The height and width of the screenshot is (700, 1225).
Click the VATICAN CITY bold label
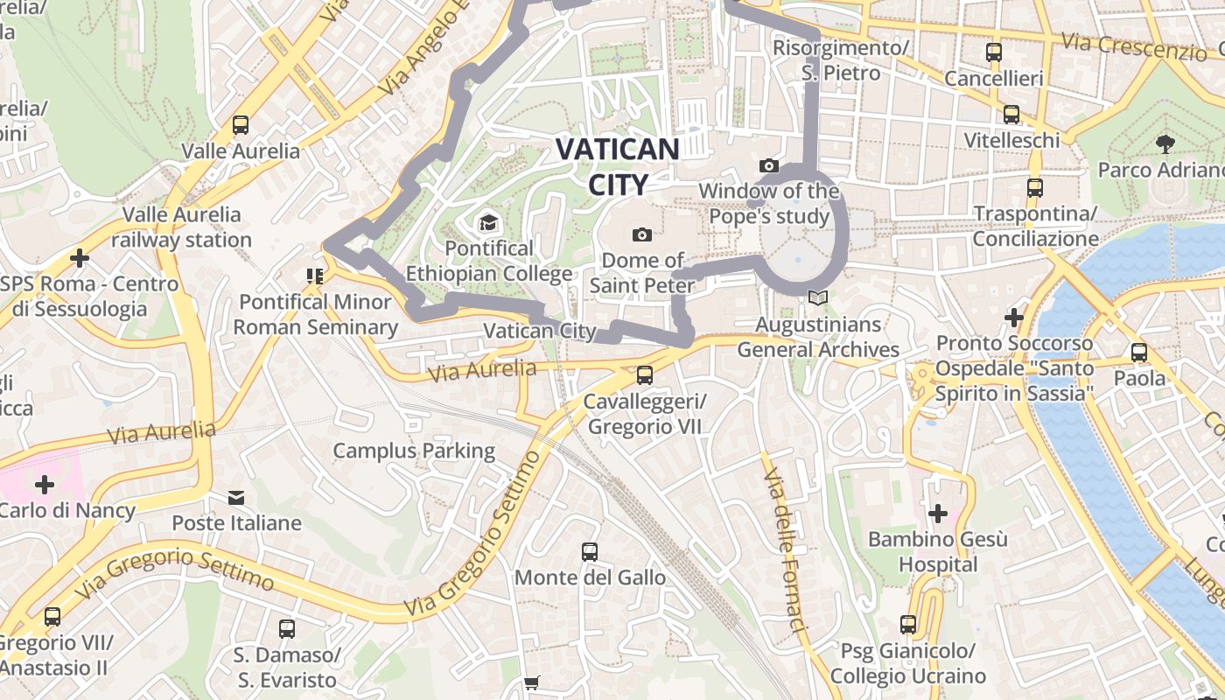pyautogui.click(x=618, y=166)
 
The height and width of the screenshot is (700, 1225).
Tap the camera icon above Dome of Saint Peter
pyautogui.click(x=642, y=234)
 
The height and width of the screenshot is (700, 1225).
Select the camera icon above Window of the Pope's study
pyautogui.click(x=768, y=165)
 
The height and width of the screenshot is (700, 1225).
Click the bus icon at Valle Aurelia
pyautogui.click(x=241, y=125)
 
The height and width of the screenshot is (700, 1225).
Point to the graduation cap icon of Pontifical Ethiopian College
pyautogui.click(x=488, y=223)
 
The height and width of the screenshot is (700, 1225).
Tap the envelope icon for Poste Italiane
pyautogui.click(x=236, y=498)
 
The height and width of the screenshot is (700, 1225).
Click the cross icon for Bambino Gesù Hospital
pyautogui.click(x=938, y=513)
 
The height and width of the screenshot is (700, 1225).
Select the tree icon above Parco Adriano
pyautogui.click(x=1164, y=143)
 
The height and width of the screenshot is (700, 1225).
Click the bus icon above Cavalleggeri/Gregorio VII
pyautogui.click(x=645, y=375)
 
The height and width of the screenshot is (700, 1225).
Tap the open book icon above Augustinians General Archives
pyautogui.click(x=817, y=298)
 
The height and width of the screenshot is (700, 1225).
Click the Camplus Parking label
pyautogui.click(x=414, y=451)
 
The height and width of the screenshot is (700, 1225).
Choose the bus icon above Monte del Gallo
pyautogui.click(x=590, y=552)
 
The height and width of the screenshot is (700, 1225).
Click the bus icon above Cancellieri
pyautogui.click(x=993, y=52)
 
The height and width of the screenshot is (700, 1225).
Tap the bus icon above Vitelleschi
pyautogui.click(x=1011, y=115)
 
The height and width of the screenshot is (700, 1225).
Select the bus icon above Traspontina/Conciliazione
pyautogui.click(x=1035, y=187)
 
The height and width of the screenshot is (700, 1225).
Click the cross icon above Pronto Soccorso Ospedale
pyautogui.click(x=1014, y=317)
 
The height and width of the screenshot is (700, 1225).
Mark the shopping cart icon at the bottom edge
pyautogui.click(x=531, y=682)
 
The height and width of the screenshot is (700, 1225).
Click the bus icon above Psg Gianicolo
pyautogui.click(x=908, y=625)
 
